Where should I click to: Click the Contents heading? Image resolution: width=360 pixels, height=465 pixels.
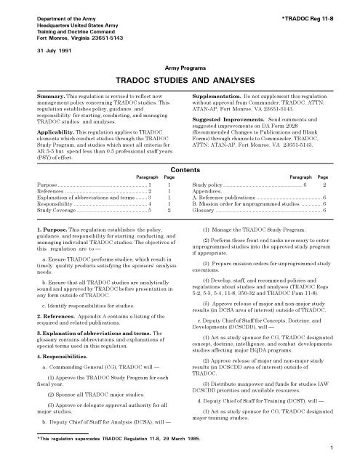180,168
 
